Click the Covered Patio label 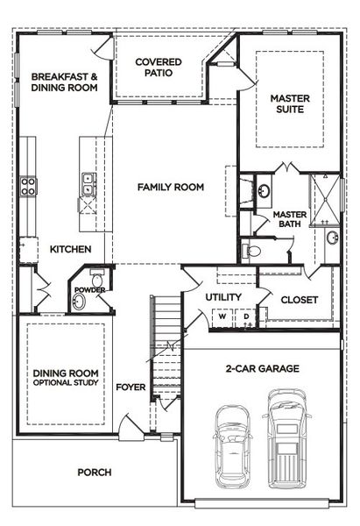pyautogui.click(x=159, y=68)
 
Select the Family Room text pyautogui.click(x=170, y=187)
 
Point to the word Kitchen pyautogui.click(x=70, y=250)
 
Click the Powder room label pyautogui.click(x=89, y=290)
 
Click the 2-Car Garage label pyautogui.click(x=262, y=369)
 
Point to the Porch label pyautogui.click(x=95, y=473)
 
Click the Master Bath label pyautogui.click(x=288, y=219)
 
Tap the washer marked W pyautogui.click(x=223, y=316)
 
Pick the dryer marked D pyautogui.click(x=246, y=316)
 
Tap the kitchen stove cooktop pyautogui.click(x=28, y=185)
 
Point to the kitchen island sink pyautogui.click(x=88, y=183)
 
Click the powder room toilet pyautogui.click(x=96, y=281)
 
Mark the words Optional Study pyautogui.click(x=65, y=384)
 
